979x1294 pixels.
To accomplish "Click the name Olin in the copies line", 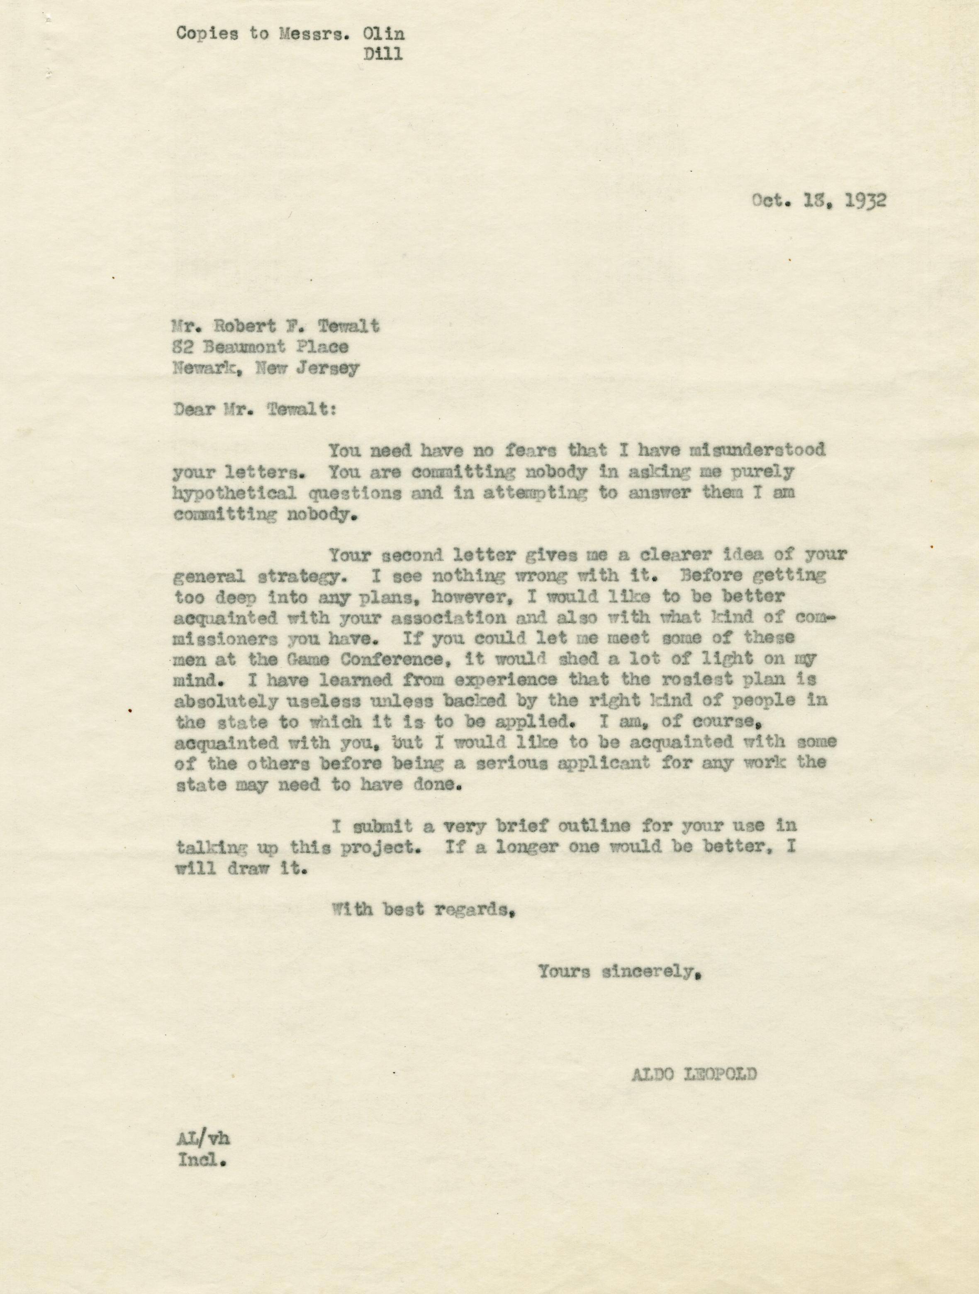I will tap(384, 34).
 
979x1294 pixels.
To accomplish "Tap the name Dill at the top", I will tap(383, 54).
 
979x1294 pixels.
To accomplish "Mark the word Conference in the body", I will tap(391, 659).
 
